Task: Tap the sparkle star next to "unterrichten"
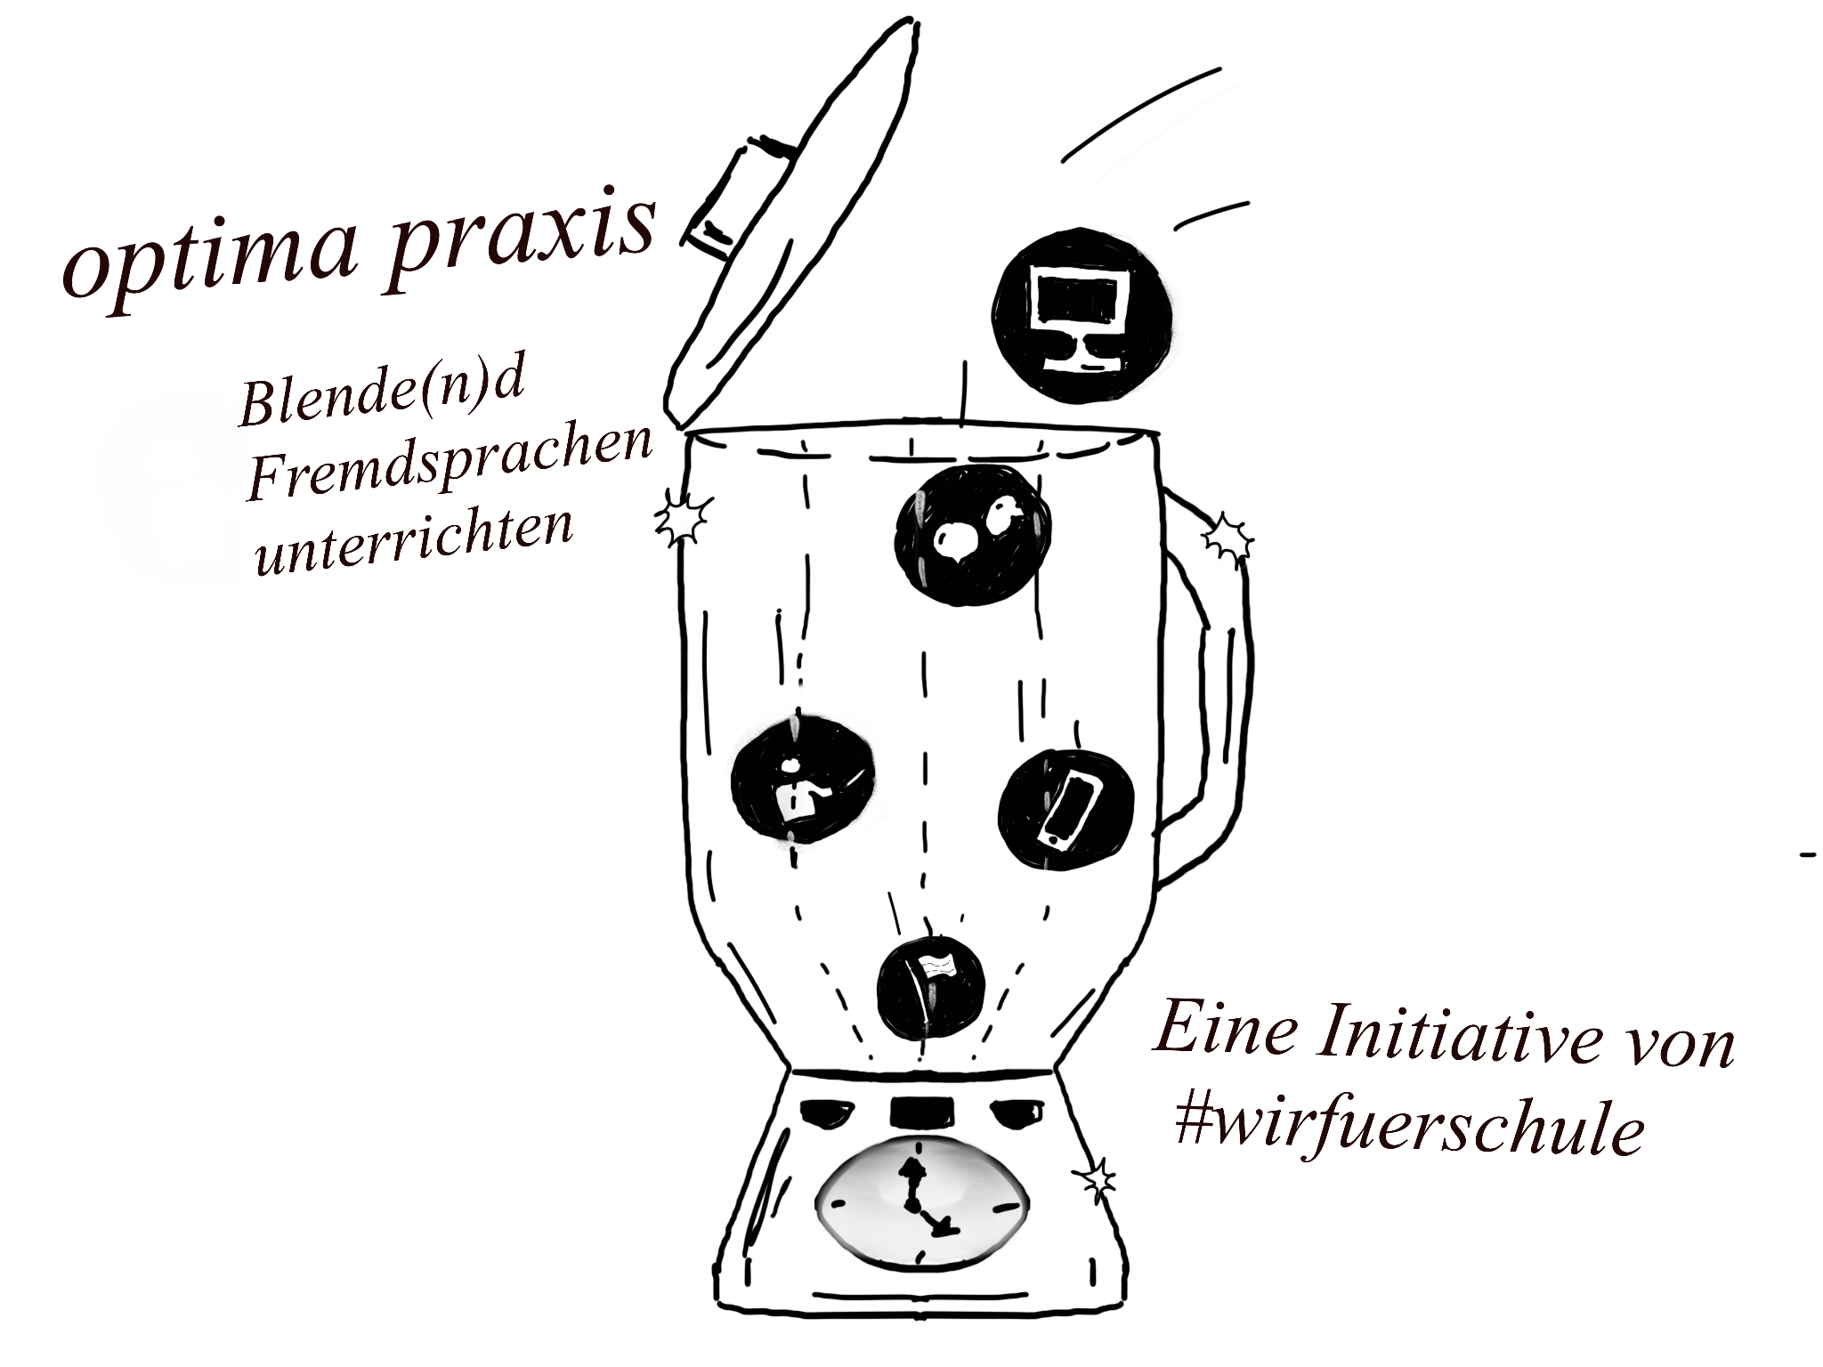(684, 521)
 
